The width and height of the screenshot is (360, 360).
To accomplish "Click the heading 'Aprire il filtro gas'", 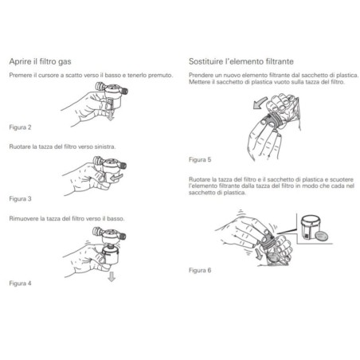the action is [x=40, y=61].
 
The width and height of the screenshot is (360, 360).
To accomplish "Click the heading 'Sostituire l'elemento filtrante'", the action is [x=241, y=61].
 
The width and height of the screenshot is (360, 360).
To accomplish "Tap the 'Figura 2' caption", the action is [x=20, y=127].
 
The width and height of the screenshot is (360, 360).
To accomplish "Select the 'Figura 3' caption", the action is [x=20, y=198].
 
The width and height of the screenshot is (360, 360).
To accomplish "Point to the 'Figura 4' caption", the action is [x=20, y=284].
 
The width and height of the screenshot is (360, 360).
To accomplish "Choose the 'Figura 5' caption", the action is [x=200, y=159].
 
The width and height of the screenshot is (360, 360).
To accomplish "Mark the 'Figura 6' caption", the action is [x=200, y=270].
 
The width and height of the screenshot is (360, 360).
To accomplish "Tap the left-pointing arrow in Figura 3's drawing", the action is [x=116, y=177].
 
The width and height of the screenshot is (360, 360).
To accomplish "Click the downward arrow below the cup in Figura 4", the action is [x=112, y=276].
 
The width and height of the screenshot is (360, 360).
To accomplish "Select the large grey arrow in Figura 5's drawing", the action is [x=260, y=103].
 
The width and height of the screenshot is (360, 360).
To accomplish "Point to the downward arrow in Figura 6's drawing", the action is [x=258, y=254].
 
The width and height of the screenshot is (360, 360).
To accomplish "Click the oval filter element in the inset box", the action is [x=321, y=236].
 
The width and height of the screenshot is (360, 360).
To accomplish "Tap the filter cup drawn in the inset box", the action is [x=310, y=227].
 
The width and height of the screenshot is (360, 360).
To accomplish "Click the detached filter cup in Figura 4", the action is [x=110, y=256].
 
